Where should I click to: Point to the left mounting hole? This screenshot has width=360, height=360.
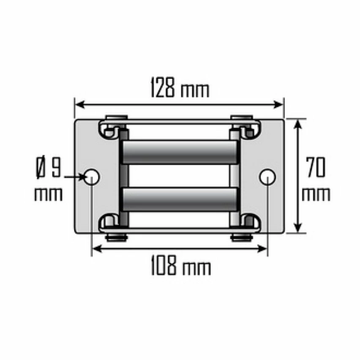[x=92, y=177]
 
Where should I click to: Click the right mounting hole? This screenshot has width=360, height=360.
[x=267, y=177]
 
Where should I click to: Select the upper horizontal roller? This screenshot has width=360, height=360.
[x=179, y=152]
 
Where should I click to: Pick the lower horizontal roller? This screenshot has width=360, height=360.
[x=179, y=199]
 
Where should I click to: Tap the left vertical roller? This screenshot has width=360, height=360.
[x=124, y=177]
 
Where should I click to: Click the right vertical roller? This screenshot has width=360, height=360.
[x=235, y=177]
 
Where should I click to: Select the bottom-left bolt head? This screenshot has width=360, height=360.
[x=117, y=238]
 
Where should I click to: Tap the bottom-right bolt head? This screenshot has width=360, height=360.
[x=242, y=238]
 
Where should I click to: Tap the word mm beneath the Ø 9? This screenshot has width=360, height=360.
[x=48, y=194]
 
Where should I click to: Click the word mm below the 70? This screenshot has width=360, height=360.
[x=316, y=194]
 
